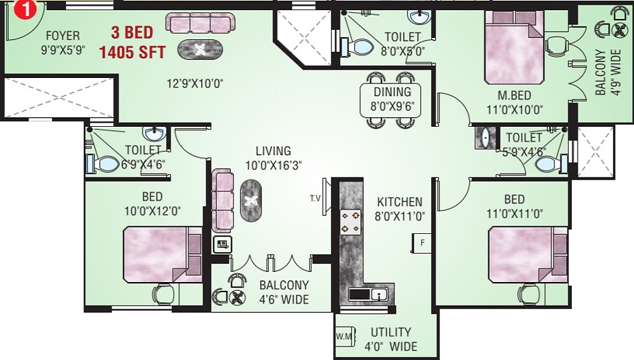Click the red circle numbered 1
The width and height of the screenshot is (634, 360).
(25, 9)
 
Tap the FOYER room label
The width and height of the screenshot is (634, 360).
(63, 35)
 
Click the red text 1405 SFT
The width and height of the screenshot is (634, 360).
(133, 52)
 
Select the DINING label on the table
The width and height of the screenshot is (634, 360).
(392, 92)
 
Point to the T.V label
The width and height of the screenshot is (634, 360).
(315, 198)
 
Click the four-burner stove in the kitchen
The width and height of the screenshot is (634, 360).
(350, 222)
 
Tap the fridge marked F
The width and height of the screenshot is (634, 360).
(422, 243)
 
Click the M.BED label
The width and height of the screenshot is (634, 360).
(514, 95)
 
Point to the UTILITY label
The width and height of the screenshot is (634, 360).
(391, 332)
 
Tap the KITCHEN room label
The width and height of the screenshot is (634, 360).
(399, 202)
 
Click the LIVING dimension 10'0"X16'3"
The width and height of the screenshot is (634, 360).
(273, 165)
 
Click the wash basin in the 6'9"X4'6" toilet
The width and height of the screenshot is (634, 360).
(154, 133)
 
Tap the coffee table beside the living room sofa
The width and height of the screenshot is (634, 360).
(250, 200)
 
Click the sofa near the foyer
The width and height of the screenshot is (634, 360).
(200, 23)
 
